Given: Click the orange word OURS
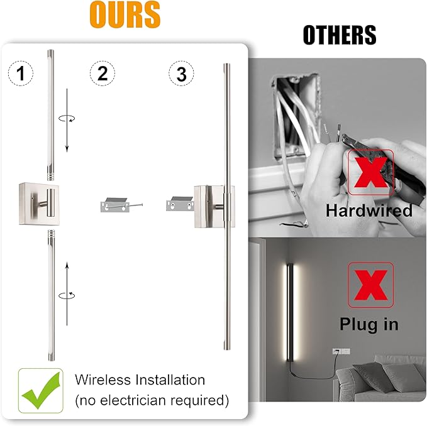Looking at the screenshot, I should point(125,16).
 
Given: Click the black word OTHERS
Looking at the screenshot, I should point(339,35).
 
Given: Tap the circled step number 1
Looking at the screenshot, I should point(22,74).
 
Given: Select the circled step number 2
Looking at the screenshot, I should point(103,74).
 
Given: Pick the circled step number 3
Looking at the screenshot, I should point(182,74).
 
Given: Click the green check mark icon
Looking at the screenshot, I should point(40,390).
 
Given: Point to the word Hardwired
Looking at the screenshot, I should point(369,210).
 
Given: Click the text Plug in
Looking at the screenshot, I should point(369,324).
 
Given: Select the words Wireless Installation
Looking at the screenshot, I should point(140,380).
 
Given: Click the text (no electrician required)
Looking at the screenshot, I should point(152,400).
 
